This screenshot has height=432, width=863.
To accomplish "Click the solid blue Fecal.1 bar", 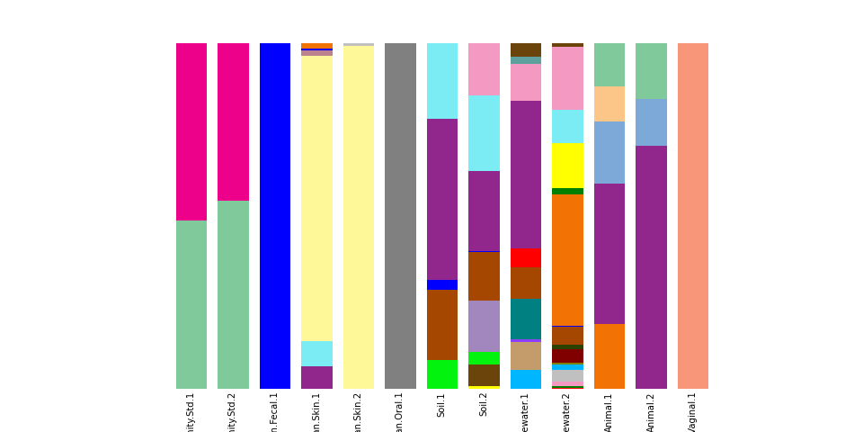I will click(x=275, y=216).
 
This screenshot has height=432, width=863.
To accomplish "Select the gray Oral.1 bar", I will click(x=400, y=216).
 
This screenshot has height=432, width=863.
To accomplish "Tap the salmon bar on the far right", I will click(x=692, y=216).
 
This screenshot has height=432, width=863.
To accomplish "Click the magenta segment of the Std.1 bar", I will click(x=191, y=131).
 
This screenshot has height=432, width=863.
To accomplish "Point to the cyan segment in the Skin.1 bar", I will click(x=316, y=354).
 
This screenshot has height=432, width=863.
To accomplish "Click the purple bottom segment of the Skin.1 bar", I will click(x=316, y=377).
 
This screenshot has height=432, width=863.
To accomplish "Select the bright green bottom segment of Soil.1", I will click(x=442, y=374).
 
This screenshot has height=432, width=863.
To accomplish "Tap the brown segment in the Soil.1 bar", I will click(x=442, y=324).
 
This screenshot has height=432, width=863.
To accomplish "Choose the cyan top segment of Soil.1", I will click(x=442, y=81).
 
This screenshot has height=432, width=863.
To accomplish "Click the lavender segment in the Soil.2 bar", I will click(x=484, y=326).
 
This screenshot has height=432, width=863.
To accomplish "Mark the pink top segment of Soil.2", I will click(x=484, y=69).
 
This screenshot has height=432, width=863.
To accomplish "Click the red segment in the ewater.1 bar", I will click(x=526, y=257).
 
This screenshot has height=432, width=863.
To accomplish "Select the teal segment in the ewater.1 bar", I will click(x=526, y=319).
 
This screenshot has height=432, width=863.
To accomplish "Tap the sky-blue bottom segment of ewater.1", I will click(x=526, y=379).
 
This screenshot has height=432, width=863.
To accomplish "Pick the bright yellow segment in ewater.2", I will click(x=567, y=166).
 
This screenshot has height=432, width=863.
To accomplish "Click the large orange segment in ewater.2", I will click(x=567, y=259).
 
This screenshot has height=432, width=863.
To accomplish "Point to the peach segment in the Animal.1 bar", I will click(x=609, y=103).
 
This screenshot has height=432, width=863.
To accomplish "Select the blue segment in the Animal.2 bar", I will click(x=651, y=122).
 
